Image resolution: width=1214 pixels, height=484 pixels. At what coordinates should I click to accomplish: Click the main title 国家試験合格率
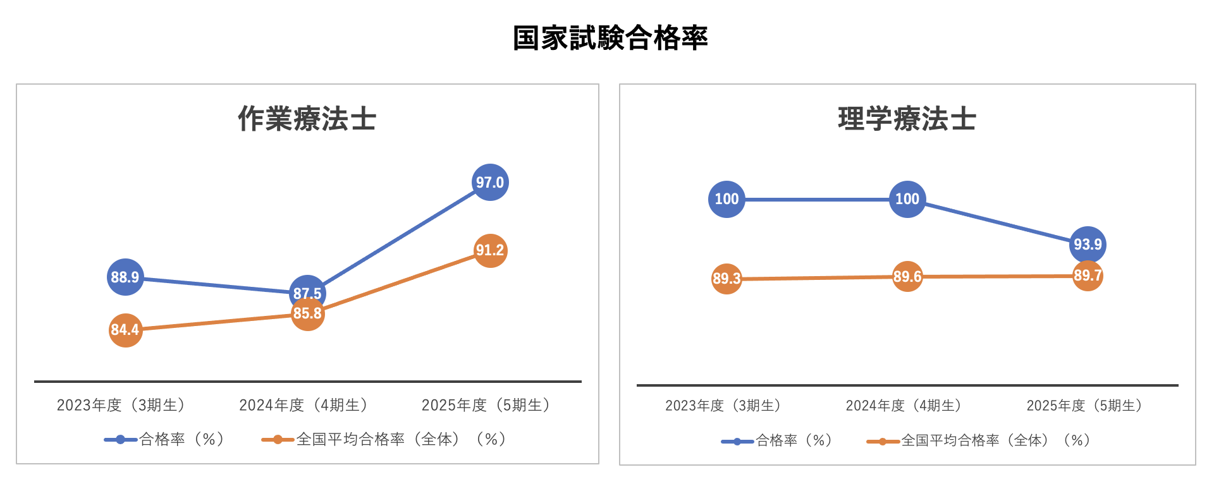[x=610, y=38]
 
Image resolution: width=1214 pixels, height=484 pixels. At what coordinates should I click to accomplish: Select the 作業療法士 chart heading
[x=307, y=119]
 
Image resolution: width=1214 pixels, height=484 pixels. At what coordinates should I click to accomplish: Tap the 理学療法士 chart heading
[x=907, y=119]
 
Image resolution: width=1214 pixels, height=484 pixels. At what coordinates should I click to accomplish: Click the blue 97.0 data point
[x=490, y=182]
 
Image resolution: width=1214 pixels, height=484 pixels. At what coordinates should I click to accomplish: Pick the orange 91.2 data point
[x=490, y=250]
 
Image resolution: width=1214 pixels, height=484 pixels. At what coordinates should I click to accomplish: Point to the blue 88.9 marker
[x=125, y=277]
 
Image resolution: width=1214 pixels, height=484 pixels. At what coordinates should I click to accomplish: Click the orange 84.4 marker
[x=125, y=330]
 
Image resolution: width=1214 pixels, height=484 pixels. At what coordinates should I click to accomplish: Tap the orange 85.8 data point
[x=307, y=315]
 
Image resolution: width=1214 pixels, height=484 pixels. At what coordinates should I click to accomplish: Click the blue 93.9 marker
[x=1088, y=244]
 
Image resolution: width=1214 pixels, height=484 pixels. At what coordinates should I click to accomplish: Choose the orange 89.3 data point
[x=727, y=279]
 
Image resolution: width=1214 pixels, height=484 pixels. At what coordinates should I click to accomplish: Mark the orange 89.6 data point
[x=907, y=277]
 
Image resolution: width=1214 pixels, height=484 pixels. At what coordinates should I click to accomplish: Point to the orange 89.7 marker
[x=1088, y=276]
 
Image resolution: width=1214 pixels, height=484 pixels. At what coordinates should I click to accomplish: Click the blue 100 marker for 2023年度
[x=727, y=199]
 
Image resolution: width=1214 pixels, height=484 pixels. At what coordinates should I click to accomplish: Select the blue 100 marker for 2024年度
[x=907, y=199]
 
